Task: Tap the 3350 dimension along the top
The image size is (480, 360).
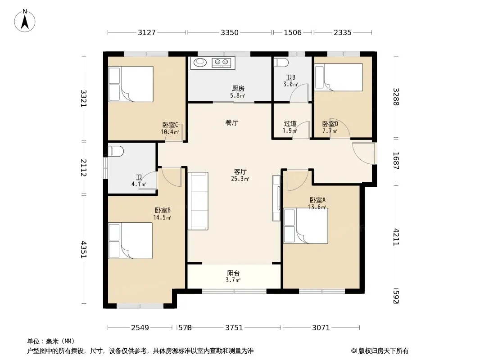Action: pos(230,32)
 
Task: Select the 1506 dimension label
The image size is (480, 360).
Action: pos(293,32)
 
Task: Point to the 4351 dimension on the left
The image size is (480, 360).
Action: pos(84,250)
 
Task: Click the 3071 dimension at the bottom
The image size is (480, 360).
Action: pos(321,328)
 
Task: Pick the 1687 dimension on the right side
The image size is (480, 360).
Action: pos(396,161)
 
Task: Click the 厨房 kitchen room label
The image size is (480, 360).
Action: pos(238,88)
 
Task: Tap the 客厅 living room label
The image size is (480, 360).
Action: pos(240,171)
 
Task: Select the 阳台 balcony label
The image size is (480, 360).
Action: pos(233,273)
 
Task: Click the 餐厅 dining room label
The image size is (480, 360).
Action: pos(232,123)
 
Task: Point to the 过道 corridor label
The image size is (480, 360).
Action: pos(290,124)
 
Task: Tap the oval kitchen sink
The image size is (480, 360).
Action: pos(200,63)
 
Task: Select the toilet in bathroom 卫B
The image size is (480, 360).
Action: pos(281,63)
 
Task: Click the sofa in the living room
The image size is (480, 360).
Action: pos(198,201)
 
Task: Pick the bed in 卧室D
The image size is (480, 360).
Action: pos(339,77)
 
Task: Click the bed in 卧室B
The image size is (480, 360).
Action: pos(131,241)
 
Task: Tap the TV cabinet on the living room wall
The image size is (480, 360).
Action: pos(276,198)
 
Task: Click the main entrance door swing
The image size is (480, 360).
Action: pos(363,153)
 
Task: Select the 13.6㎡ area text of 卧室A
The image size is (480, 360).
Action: pos(317,207)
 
